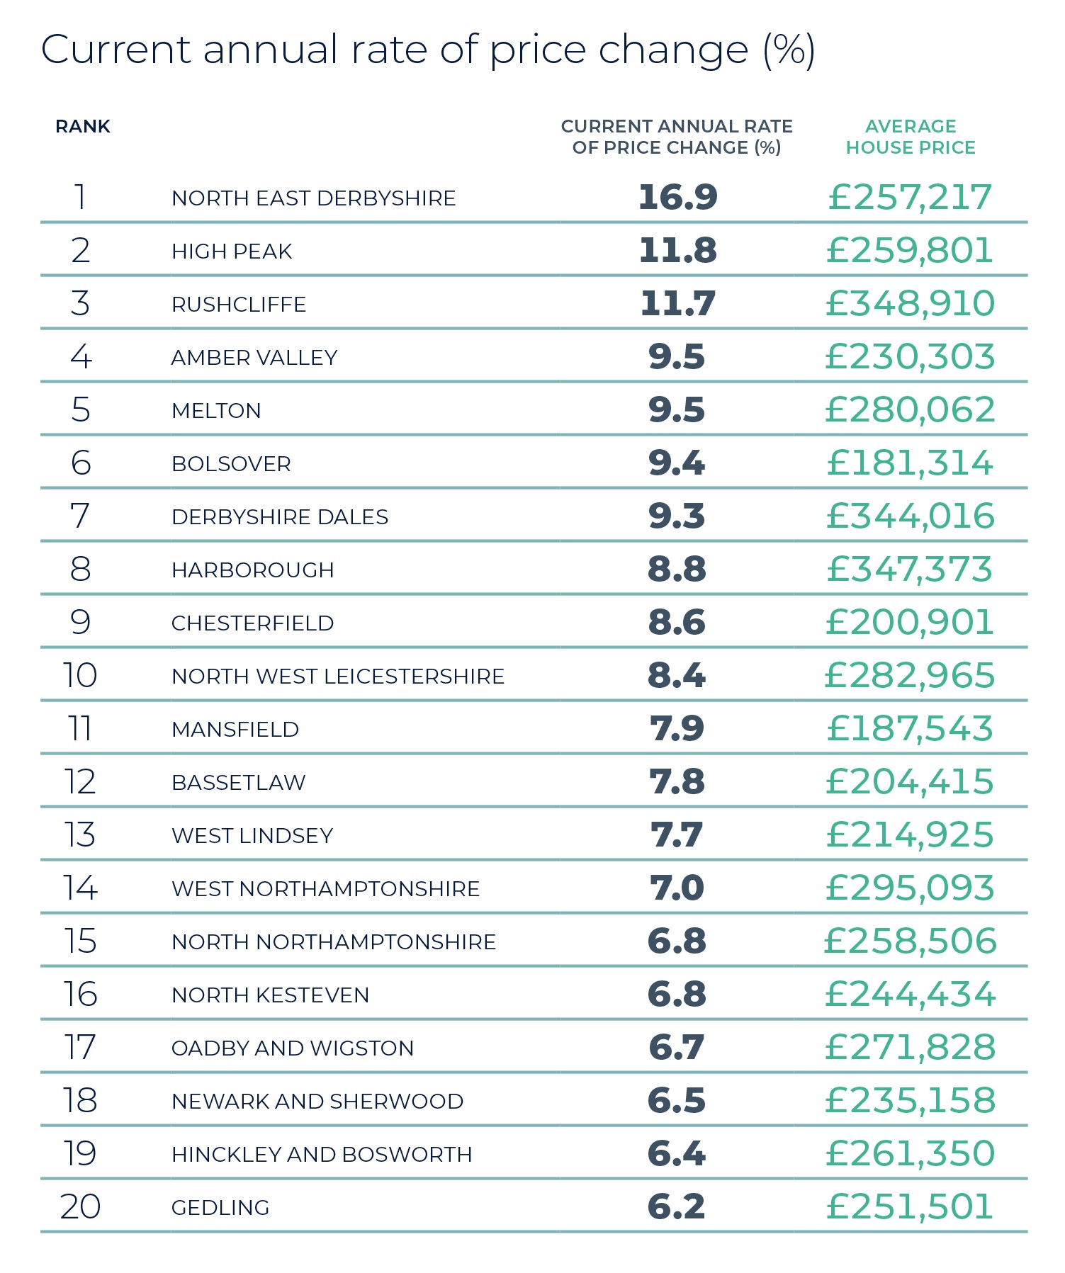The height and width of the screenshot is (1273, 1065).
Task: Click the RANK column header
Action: click(x=83, y=127)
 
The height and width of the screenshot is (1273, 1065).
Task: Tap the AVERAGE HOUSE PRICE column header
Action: click(x=911, y=137)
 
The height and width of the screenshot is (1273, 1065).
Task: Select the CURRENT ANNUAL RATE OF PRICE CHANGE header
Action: click(x=677, y=137)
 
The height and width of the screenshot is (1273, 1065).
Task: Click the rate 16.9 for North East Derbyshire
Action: click(x=677, y=197)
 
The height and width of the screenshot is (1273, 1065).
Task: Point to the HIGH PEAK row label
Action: click(x=232, y=251)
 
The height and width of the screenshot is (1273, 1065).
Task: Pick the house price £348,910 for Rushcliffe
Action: click(x=910, y=303)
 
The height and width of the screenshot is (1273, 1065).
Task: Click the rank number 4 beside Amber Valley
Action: click(x=81, y=356)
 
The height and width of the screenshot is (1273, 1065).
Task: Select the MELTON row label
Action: click(x=216, y=411)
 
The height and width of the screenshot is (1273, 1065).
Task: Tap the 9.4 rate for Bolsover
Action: click(x=677, y=463)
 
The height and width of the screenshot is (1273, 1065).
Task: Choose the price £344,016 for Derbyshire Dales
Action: click(x=910, y=516)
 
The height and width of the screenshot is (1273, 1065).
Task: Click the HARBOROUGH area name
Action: click(x=252, y=570)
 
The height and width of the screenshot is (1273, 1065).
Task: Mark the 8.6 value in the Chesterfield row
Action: click(x=677, y=622)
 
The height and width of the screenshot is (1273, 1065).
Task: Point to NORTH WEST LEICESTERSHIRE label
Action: click(x=338, y=677)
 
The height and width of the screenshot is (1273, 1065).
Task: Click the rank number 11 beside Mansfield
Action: click(x=80, y=728)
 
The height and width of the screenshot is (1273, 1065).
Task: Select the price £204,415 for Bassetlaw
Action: click(x=910, y=781)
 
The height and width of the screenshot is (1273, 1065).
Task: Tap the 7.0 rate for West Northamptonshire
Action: click(x=677, y=888)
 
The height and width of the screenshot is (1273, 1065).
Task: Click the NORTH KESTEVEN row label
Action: click(x=270, y=995)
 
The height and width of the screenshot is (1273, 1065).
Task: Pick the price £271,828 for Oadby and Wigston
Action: click(x=910, y=1047)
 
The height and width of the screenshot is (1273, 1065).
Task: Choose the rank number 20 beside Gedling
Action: click(x=80, y=1206)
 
